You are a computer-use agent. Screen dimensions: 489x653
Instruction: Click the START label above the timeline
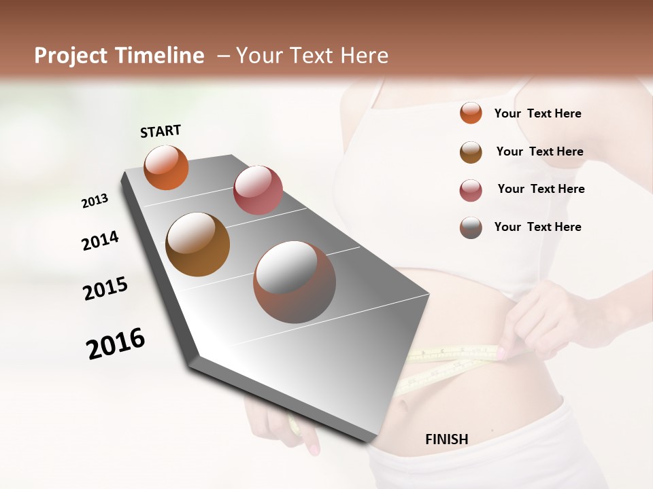click(161, 131)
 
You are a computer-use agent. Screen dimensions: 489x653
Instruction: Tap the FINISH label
click(446, 439)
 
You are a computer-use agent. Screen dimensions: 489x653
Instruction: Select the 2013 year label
click(95, 201)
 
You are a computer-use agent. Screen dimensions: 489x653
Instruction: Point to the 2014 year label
click(100, 240)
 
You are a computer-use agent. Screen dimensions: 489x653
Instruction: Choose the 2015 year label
click(105, 289)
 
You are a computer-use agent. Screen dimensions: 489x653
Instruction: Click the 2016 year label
click(116, 344)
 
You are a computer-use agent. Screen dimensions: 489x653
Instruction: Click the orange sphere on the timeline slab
click(166, 167)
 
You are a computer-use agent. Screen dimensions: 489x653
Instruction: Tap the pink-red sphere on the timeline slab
click(258, 190)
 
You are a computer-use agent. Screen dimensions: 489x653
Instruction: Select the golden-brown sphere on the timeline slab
click(198, 244)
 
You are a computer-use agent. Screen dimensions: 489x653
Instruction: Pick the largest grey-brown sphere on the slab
click(295, 282)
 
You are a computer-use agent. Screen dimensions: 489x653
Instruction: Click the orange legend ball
click(471, 113)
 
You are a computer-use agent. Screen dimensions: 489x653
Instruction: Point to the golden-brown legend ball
click(471, 152)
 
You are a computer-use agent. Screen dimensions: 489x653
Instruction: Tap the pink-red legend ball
click(471, 190)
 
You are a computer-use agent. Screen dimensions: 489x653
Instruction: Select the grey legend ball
click(471, 228)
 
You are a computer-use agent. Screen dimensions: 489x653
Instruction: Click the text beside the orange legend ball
click(537, 113)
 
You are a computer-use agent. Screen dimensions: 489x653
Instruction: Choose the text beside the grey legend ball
click(537, 227)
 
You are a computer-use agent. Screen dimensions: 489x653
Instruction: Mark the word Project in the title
click(71, 56)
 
